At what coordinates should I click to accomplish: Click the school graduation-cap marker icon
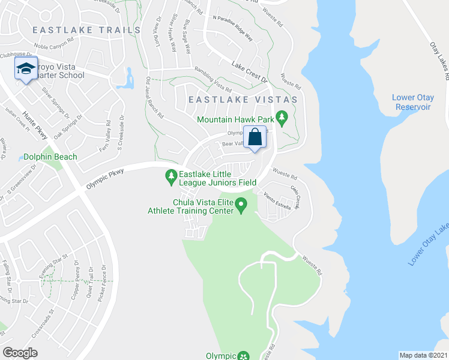click(26, 69)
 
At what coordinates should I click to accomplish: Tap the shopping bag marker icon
click(255, 137)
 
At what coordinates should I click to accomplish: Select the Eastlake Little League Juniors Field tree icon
click(171, 175)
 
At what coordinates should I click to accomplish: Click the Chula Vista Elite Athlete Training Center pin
click(241, 206)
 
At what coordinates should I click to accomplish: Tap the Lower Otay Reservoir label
click(411, 102)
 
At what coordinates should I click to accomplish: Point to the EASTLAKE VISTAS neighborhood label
click(243, 99)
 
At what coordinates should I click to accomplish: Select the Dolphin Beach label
click(50, 157)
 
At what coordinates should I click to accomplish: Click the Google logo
click(20, 353)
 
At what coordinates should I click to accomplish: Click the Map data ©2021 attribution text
click(424, 355)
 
